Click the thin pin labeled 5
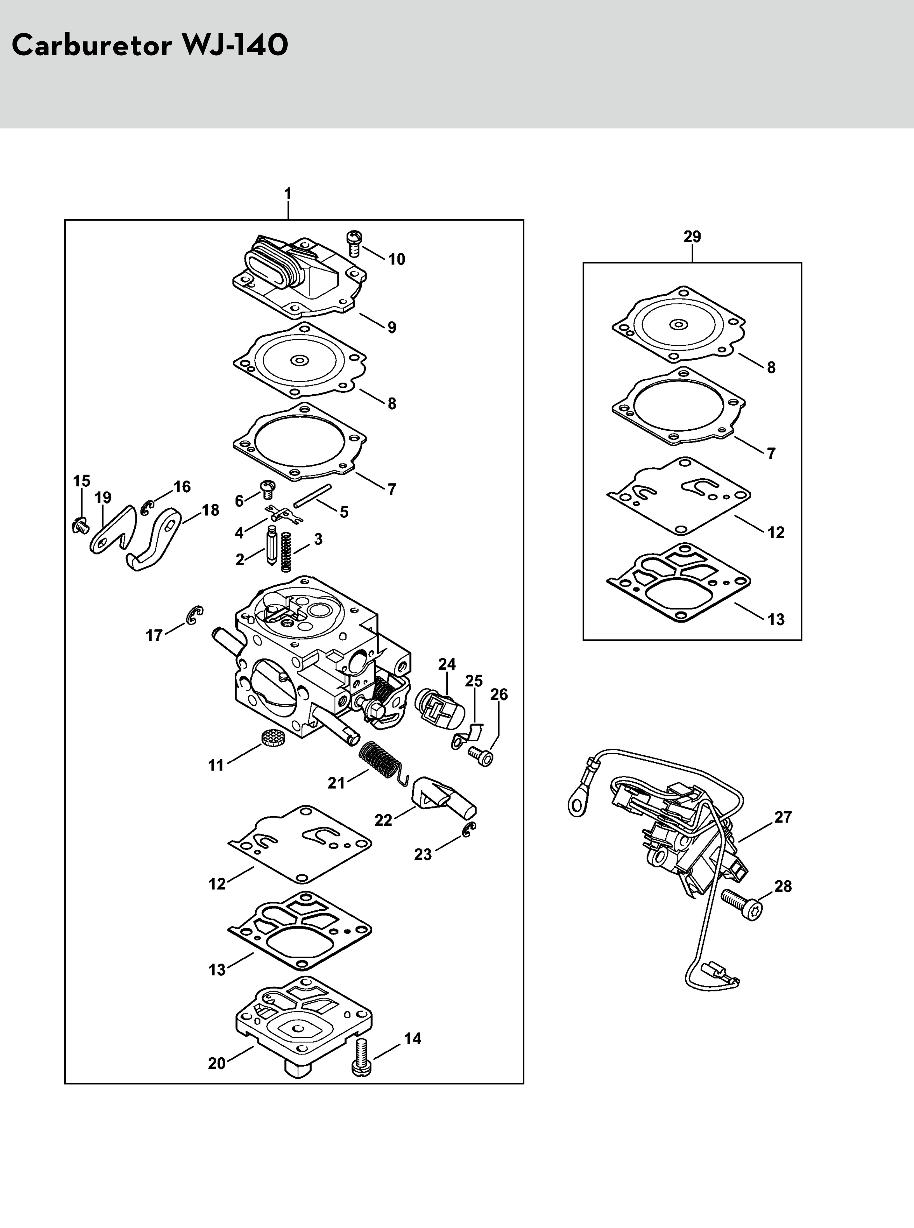[313, 495]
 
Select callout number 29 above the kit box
[692, 237]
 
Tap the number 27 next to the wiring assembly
[783, 817]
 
